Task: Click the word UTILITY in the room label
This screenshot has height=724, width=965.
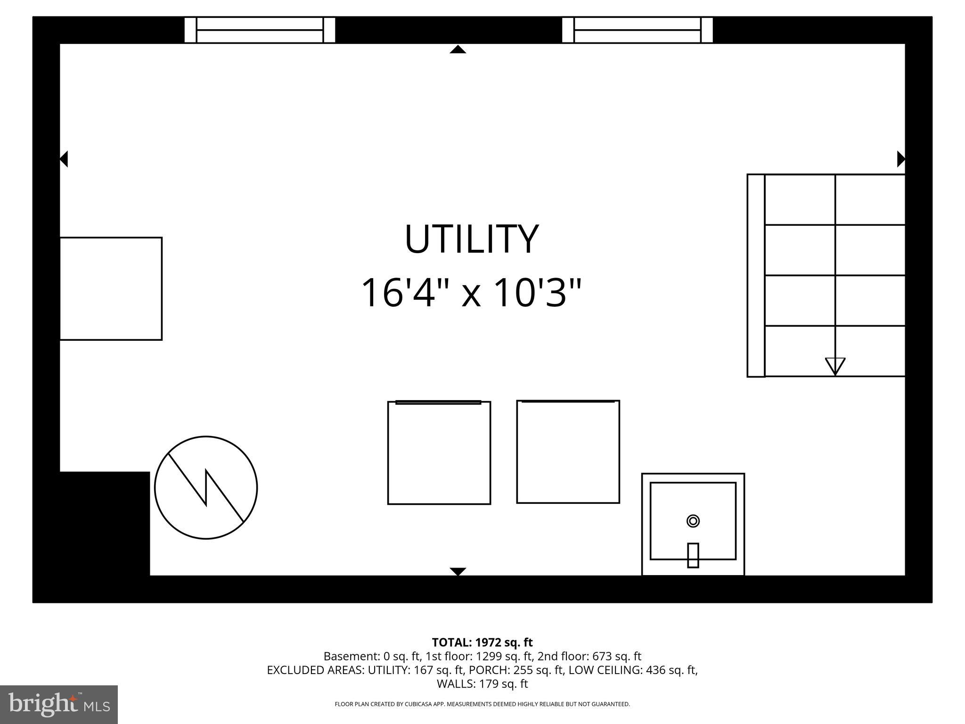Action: tap(471, 239)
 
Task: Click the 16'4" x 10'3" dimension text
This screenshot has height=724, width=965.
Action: tap(471, 293)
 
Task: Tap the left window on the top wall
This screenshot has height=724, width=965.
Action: tap(260, 30)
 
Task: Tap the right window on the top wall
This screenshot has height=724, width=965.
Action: tap(637, 30)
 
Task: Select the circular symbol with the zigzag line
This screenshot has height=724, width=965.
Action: tap(206, 487)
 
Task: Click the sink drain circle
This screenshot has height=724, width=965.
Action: tap(693, 521)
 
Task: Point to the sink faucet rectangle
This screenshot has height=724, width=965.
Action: tap(693, 555)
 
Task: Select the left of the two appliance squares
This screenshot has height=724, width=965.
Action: tap(439, 453)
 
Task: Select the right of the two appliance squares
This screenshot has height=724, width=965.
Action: tap(568, 452)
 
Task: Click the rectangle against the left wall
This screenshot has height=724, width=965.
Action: tap(111, 288)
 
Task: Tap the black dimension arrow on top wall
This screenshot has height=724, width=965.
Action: tap(458, 49)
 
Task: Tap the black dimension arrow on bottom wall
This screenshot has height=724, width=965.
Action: tap(458, 571)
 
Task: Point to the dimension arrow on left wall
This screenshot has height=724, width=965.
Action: tap(64, 159)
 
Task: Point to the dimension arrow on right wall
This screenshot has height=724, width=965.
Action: tap(900, 159)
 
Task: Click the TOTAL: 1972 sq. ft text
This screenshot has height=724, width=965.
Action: tap(482, 642)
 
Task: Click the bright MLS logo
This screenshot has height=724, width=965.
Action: tap(59, 704)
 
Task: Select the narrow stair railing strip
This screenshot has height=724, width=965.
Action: tap(756, 276)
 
